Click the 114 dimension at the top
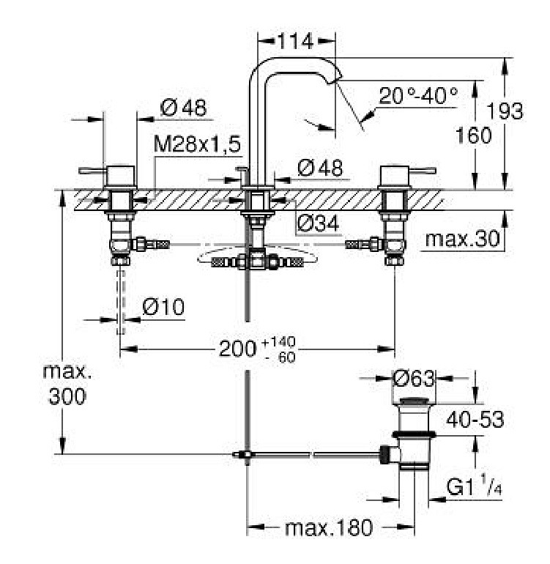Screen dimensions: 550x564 click(296, 41)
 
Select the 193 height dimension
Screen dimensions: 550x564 click(505, 111)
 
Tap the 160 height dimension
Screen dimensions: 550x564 click(473, 136)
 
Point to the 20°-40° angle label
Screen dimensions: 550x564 click(418, 96)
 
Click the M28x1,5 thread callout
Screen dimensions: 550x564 click(197, 144)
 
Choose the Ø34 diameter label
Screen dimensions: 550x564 click(318, 223)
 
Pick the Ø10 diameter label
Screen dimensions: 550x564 click(163, 307)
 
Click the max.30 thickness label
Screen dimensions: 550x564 click(462, 238)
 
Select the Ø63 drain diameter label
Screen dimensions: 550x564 click(414, 379)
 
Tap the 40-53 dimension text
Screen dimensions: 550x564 click(475, 420)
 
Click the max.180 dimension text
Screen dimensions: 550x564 click(329, 528)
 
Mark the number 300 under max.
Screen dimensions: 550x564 click(67, 396)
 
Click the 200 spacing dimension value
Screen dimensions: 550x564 click(238, 349)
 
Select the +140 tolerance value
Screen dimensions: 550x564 click(279, 341)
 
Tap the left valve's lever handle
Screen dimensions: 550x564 click(93, 171)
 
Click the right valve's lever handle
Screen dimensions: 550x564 click(423, 171)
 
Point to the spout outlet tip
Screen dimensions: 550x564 click(334, 82)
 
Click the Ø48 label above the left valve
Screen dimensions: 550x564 click(183, 108)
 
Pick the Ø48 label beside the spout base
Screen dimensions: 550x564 click(321, 168)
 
